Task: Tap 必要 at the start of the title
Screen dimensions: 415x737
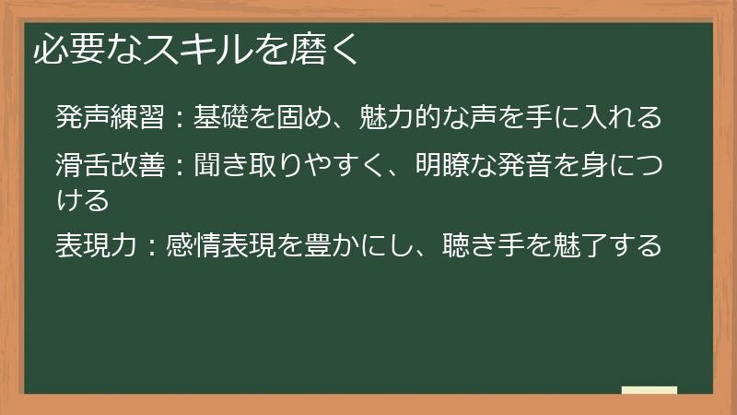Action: (x=64, y=50)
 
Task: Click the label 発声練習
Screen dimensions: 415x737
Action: (x=110, y=118)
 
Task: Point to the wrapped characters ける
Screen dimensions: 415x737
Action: (x=82, y=198)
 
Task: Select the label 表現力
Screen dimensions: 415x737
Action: (x=96, y=245)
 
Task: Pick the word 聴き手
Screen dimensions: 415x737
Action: (x=485, y=245)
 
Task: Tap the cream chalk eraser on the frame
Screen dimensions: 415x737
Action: (x=649, y=390)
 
